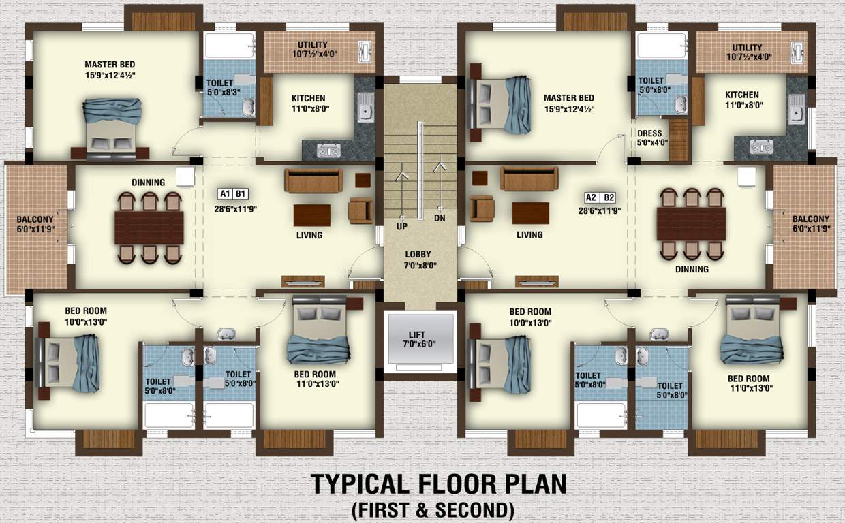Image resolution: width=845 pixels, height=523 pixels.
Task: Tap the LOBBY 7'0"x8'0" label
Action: click(418, 259)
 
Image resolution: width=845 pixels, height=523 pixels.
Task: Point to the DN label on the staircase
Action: click(440, 218)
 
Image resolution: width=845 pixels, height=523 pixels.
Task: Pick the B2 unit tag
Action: click(609, 197)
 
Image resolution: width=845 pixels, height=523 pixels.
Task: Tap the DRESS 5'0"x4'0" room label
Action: click(652, 138)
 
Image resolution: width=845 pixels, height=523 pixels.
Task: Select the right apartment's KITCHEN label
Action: click(741, 100)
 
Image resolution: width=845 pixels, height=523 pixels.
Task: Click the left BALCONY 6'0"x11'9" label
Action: click(36, 224)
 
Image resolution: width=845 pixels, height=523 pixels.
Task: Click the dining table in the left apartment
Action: click(149, 227)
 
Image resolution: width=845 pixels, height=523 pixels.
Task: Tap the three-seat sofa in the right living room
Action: click(529, 178)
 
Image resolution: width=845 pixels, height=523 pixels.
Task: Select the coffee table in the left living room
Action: click(312, 215)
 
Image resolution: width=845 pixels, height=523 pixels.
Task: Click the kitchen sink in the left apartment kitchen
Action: click(365, 107)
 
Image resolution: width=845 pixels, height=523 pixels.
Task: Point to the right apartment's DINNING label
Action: click(692, 269)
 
